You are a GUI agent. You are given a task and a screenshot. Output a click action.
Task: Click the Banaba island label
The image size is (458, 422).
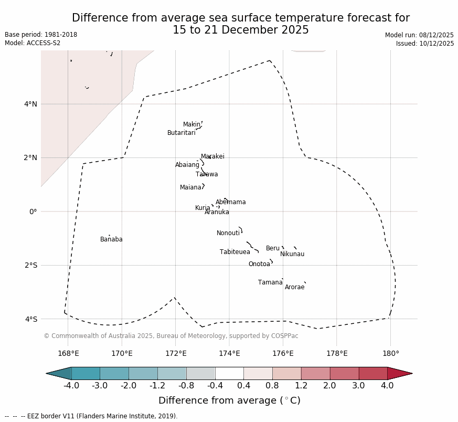click(111, 240)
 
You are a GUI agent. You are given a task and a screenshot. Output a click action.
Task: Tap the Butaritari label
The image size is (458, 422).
click(181, 133)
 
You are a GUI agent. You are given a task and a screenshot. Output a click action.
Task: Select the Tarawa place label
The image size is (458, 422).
click(207, 175)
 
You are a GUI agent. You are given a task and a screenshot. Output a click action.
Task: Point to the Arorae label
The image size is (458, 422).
click(294, 288)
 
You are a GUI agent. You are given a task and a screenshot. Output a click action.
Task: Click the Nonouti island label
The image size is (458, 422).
click(228, 234)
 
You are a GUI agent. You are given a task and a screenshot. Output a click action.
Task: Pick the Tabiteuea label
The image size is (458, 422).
click(235, 252)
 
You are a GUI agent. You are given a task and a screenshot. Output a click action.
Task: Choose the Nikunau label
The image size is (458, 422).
click(292, 255)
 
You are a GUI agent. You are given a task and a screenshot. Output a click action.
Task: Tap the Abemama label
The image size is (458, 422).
click(230, 203)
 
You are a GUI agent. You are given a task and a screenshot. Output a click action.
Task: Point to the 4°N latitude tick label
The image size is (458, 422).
click(31, 104)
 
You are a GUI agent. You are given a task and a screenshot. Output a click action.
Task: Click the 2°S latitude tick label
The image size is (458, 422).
click(31, 265)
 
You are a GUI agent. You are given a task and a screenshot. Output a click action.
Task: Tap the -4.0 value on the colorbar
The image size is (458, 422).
click(71, 386)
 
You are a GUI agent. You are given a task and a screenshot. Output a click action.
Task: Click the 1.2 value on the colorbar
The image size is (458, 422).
click(301, 386)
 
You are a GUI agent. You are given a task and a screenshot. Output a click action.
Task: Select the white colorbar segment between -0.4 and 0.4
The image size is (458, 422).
click(229, 373)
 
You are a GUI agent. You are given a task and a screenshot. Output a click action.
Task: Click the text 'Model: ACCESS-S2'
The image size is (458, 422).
click(33, 43)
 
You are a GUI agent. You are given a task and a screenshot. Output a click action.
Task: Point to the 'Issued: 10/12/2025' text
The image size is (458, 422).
click(425, 44)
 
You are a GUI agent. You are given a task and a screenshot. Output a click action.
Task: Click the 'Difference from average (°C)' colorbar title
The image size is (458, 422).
click(229, 400)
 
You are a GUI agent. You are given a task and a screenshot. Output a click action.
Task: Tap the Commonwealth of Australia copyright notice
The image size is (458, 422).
click(171, 336)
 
